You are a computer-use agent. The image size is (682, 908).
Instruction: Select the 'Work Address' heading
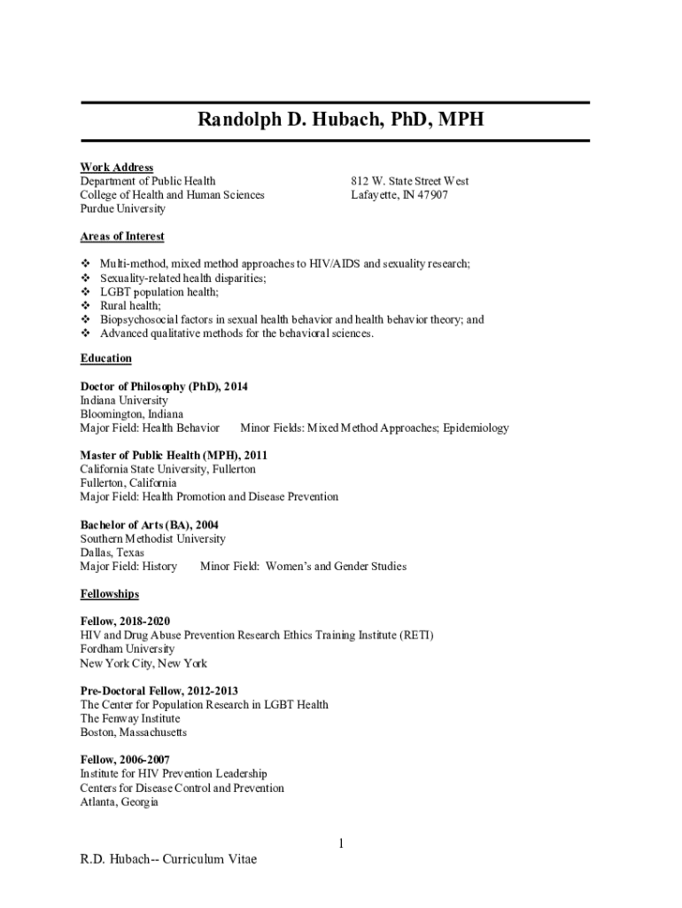(116, 168)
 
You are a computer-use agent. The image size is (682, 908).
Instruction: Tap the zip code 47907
(432, 195)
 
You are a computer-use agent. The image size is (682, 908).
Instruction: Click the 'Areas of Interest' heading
(122, 237)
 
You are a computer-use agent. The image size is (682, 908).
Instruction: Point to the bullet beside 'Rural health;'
(86, 306)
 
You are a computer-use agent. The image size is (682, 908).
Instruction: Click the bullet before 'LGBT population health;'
(86, 292)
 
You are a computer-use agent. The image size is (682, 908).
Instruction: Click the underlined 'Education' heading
(105, 358)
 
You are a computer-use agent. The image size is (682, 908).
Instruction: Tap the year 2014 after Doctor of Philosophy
(236, 387)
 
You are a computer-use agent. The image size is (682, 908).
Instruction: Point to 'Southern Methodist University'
(152, 539)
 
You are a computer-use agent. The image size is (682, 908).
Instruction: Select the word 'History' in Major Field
(157, 567)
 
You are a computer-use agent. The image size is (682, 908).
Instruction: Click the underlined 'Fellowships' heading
(109, 594)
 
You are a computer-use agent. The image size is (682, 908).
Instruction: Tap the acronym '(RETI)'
(416, 636)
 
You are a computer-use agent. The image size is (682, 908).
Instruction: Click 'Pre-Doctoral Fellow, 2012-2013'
(159, 691)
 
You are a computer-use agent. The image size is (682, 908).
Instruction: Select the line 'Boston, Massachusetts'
(133, 732)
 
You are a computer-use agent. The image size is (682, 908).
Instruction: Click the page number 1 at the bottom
(339, 843)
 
